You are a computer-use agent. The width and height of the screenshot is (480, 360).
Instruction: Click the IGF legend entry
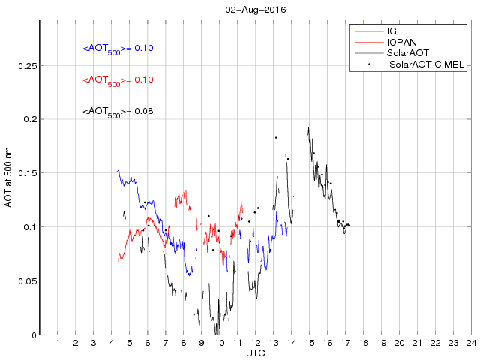coord(394,31)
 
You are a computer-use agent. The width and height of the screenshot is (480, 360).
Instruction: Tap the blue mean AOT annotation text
coord(118,49)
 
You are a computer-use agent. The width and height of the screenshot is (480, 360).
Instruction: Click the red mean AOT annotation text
coord(118,80)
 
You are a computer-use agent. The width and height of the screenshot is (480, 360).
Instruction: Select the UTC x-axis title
coord(255,352)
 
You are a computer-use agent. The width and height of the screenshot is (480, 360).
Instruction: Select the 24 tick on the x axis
coord(470,343)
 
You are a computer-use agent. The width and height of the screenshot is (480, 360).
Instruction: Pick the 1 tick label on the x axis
coord(58,343)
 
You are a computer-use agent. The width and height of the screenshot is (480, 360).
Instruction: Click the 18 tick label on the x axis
coord(363,343)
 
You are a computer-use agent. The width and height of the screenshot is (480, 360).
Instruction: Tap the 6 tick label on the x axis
coord(148,343)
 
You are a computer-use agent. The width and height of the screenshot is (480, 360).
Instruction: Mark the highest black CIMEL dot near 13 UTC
coord(276,138)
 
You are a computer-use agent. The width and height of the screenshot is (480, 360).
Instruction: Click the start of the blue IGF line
coord(118,171)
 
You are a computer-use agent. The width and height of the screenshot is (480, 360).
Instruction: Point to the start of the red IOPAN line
coord(118,260)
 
